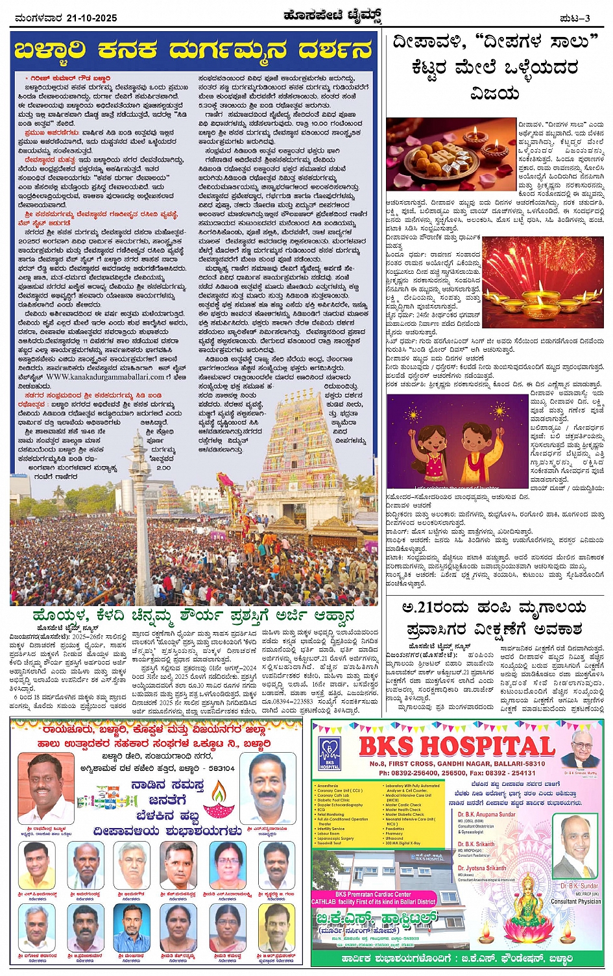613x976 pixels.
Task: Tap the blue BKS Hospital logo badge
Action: (x=329, y=753)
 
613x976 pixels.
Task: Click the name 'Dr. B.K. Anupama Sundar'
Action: (x=486, y=814)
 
